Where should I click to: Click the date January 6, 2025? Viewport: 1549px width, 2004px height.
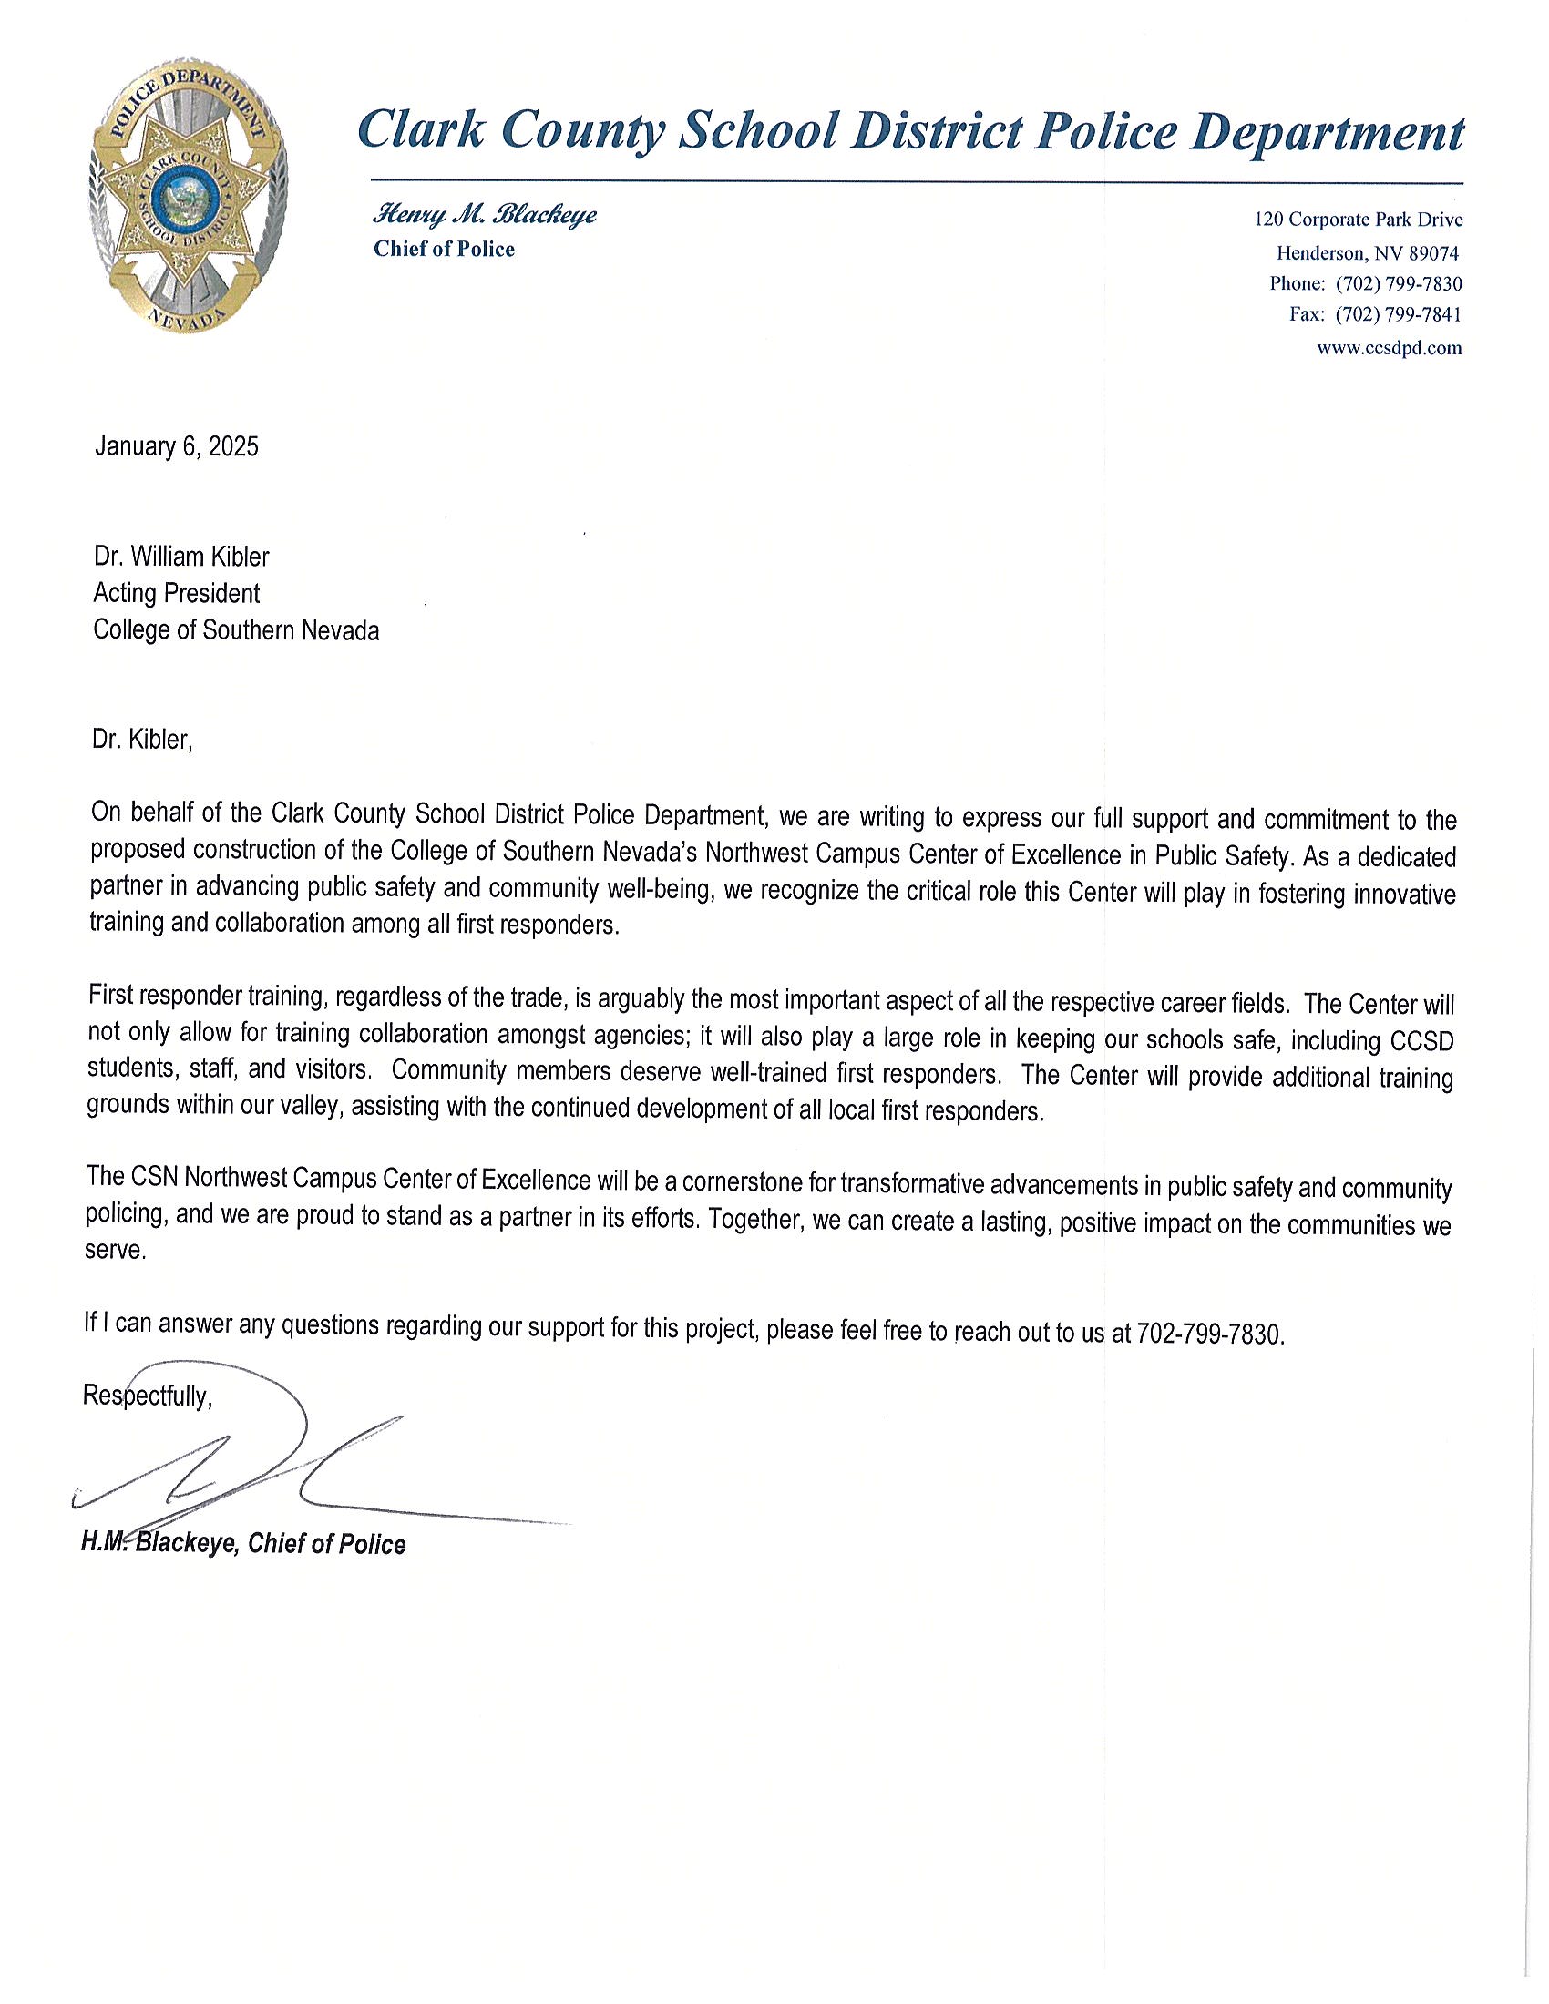176,447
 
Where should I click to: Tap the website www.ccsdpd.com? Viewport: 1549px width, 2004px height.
1389,349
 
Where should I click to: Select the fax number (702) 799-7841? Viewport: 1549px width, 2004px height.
1399,316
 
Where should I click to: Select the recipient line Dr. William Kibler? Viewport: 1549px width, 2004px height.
181,557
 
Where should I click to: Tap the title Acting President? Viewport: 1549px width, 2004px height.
176,594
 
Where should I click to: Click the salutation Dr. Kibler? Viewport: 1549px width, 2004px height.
142,740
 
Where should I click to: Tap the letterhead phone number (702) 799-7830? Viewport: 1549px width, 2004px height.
1399,283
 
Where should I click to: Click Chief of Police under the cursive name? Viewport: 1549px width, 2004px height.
444,250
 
